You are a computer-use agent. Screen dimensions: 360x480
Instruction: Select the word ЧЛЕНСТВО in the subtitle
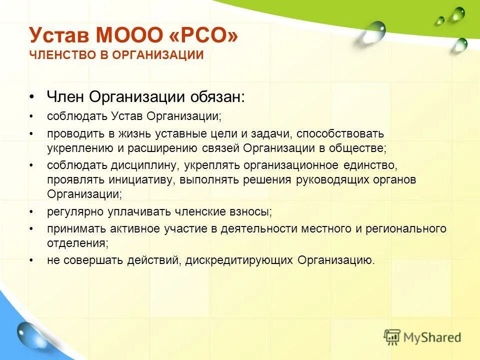pyautogui.click(x=56, y=55)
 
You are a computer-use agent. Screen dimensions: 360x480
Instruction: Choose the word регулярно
pyautogui.click(x=75, y=212)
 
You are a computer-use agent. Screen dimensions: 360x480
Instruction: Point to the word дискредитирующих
pyautogui.click(x=240, y=260)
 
